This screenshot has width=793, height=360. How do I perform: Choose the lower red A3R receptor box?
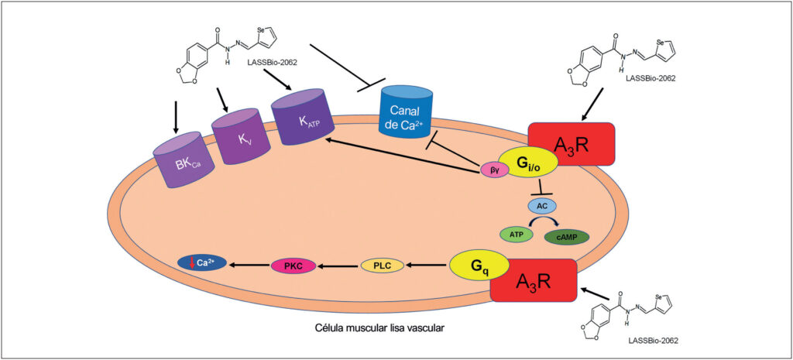tap(534, 280)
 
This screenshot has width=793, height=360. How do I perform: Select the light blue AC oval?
tap(542, 206)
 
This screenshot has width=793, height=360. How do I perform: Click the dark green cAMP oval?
tap(566, 237)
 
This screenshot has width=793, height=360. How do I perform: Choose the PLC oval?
tap(383, 265)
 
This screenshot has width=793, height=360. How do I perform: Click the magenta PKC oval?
tap(294, 265)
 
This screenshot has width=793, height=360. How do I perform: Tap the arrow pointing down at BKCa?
tap(176, 116)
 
